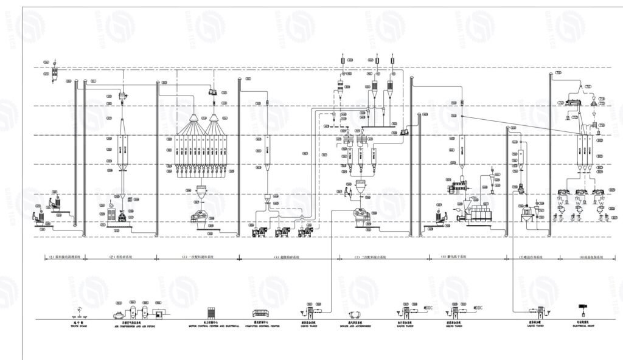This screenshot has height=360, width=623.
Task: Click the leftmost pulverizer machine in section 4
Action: [258, 230]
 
